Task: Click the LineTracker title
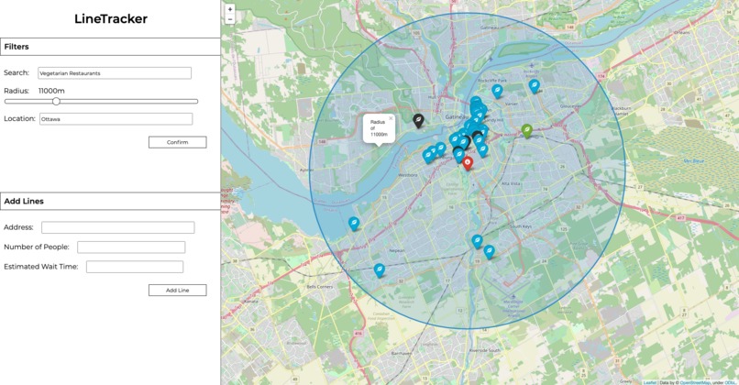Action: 110,19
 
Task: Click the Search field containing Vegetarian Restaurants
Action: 114,73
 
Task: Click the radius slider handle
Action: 56,101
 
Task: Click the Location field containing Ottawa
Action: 116,119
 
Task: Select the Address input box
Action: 117,227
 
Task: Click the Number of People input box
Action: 131,247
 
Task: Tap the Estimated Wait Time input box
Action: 135,267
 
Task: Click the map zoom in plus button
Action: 229,9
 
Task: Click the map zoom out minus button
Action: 229,19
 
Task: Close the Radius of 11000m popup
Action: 391,118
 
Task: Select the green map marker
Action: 527,130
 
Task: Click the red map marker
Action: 468,162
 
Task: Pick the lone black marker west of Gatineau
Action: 418,120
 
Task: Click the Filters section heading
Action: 17,47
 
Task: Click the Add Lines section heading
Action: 24,202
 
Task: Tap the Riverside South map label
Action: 482,350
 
